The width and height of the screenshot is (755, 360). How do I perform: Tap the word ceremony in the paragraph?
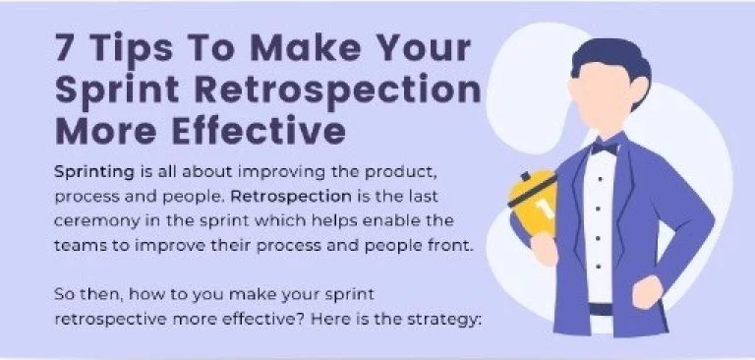[x=100, y=219]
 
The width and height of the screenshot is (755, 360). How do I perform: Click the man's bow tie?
[x=604, y=149]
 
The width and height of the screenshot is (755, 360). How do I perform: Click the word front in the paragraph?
[x=454, y=244]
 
